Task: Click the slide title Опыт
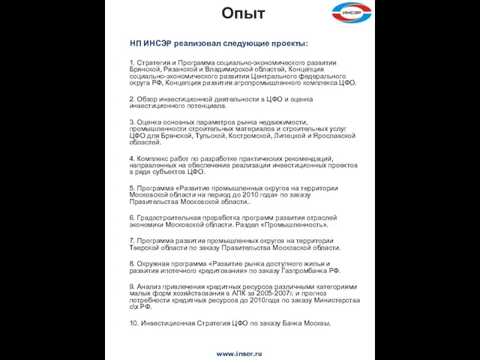click(x=244, y=13)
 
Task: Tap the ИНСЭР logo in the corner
click(x=352, y=12)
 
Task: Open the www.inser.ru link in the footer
click(x=239, y=352)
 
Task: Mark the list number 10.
click(x=133, y=323)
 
